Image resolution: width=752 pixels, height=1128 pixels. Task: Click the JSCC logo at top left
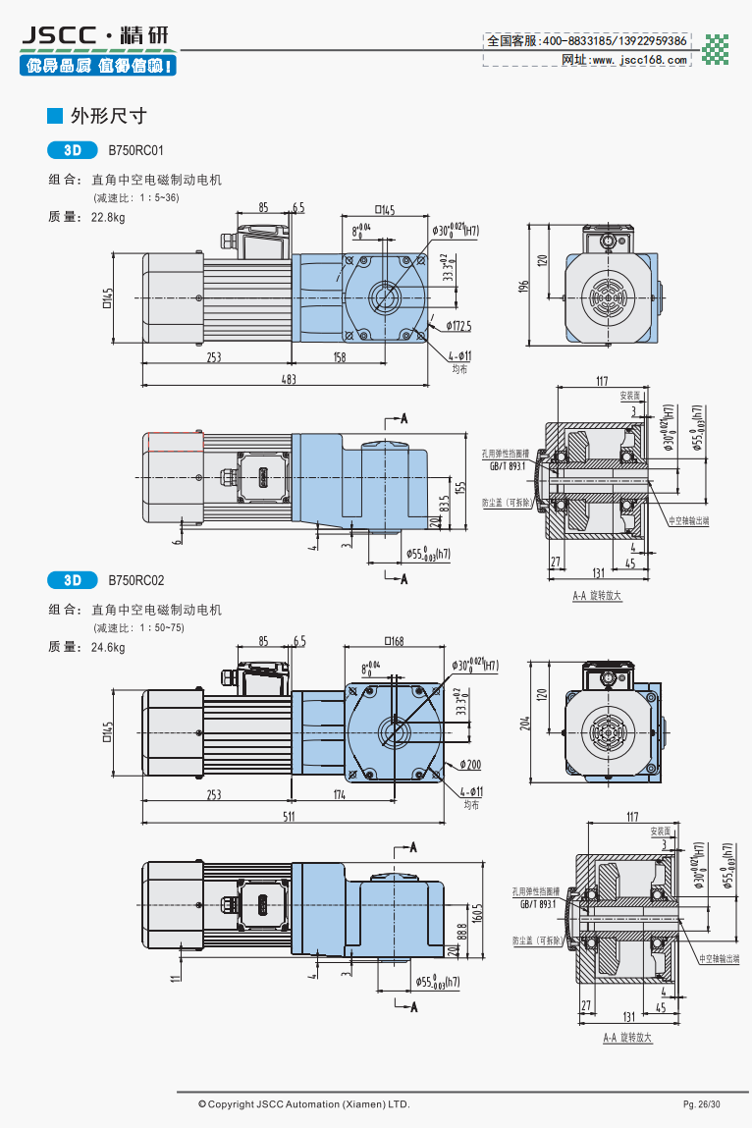(x=94, y=36)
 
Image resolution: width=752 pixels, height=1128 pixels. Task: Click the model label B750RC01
(x=135, y=151)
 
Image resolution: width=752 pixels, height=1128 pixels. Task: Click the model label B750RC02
(x=135, y=580)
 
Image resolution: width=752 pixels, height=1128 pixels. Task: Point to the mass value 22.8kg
(x=108, y=217)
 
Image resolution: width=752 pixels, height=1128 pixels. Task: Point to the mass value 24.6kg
(x=108, y=647)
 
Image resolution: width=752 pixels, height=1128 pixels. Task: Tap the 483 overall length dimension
(x=289, y=379)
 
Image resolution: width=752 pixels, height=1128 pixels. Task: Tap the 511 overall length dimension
(x=290, y=817)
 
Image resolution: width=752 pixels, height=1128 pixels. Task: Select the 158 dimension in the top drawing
(x=340, y=357)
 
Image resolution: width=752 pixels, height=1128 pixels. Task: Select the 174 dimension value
(x=340, y=794)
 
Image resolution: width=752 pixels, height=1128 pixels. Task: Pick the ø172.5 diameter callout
(x=458, y=325)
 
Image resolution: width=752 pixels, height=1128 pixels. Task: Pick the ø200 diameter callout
(x=468, y=765)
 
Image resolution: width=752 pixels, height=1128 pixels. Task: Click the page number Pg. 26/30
(x=702, y=1104)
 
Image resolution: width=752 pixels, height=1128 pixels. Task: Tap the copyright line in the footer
(x=303, y=1104)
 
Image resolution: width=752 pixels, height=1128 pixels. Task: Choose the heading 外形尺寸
(x=108, y=116)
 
